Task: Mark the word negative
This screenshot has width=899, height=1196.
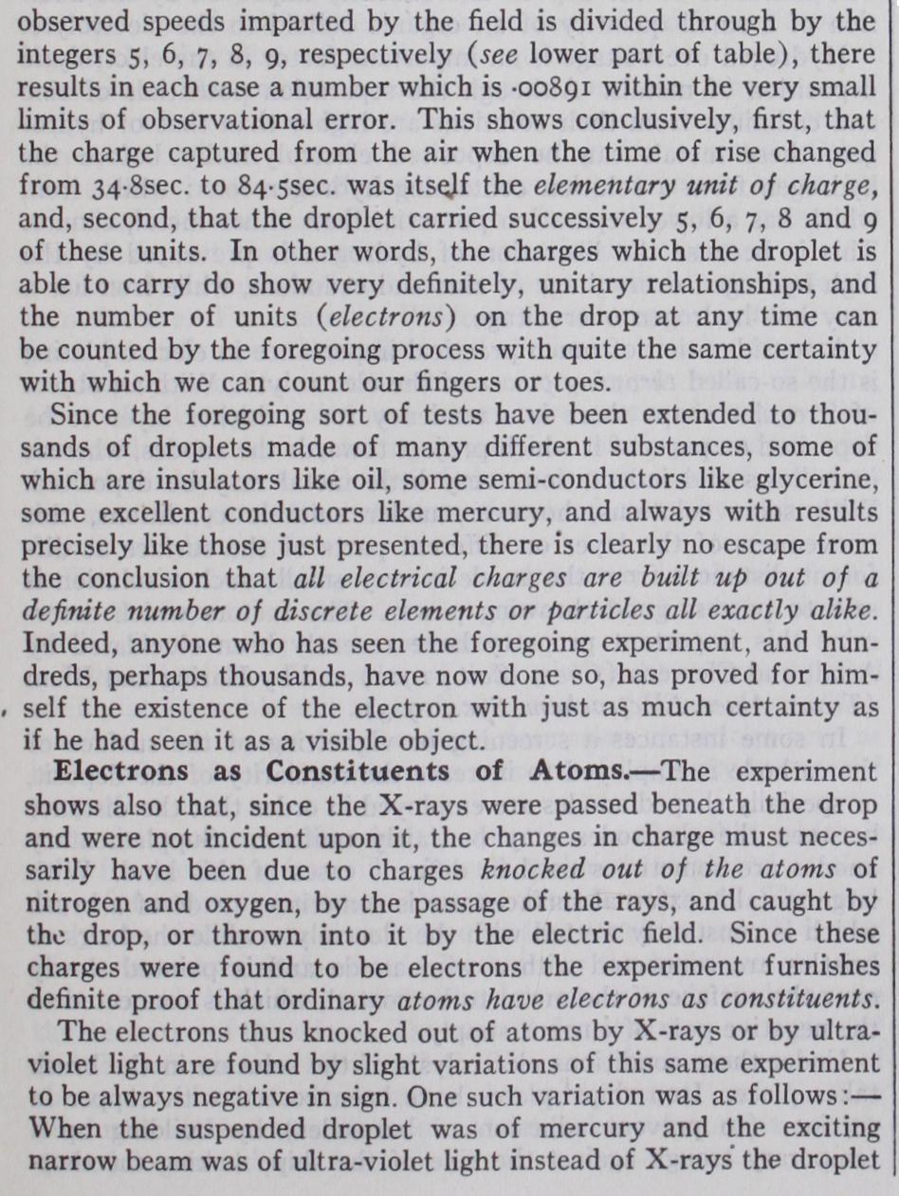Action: click(x=254, y=1097)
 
